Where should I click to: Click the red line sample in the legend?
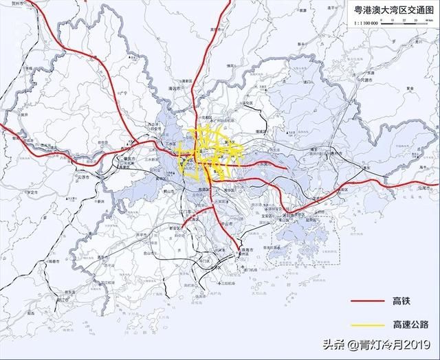coord(368,302)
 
